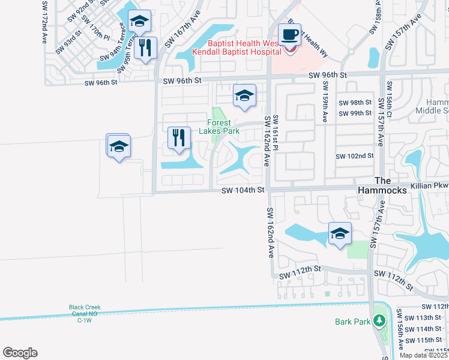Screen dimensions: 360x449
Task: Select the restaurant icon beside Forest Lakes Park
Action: coord(179,138)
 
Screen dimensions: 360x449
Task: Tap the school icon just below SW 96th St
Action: coord(244,95)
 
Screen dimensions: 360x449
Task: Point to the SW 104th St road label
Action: coord(243,190)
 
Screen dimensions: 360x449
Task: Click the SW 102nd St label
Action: coord(355,156)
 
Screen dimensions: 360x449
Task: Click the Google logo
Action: coord(20,353)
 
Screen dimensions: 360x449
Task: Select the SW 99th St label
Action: coord(355,113)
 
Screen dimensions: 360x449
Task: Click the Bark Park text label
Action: coord(352,322)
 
